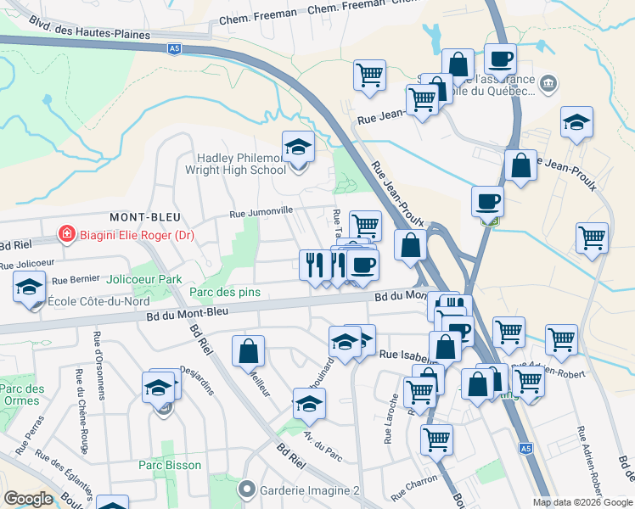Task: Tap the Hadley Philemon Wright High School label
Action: [241, 164]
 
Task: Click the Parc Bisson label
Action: [170, 465]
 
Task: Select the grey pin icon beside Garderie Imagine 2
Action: [247, 489]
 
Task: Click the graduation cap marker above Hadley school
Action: [298, 148]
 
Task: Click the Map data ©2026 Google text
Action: [582, 502]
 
